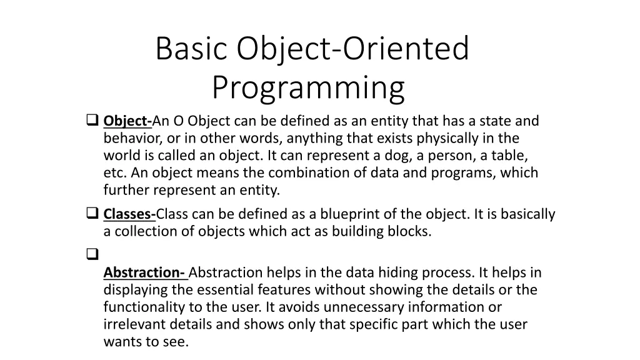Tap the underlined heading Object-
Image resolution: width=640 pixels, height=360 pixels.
[127, 121]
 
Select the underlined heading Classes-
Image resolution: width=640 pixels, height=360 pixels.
[129, 214]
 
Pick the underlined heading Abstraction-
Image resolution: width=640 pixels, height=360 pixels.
[144, 272]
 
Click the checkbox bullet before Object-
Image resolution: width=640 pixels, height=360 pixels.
[91, 120]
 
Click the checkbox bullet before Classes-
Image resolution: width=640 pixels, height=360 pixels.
[91, 214]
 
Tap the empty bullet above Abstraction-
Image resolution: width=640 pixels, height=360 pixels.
[91, 254]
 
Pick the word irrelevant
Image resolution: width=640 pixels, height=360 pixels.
[132, 324]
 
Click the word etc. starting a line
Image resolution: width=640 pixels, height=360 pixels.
[114, 173]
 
